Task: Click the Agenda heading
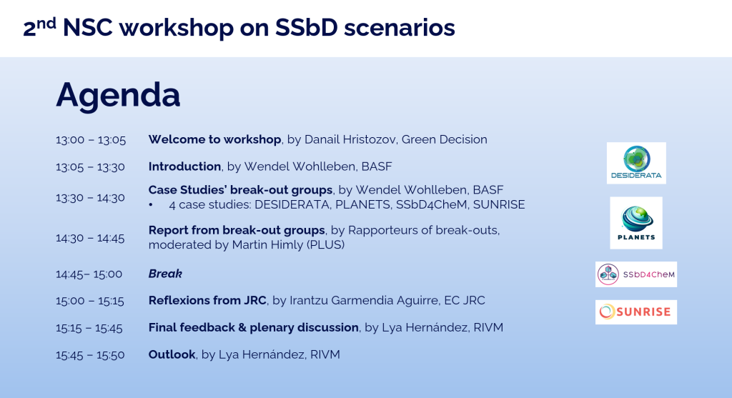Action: [x=118, y=95]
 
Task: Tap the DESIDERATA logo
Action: [x=636, y=163]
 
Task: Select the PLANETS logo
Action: [x=636, y=223]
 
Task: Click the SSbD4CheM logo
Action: [x=636, y=274]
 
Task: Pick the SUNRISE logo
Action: [x=636, y=312]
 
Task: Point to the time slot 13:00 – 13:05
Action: [x=91, y=140]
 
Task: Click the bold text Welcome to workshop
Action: [x=215, y=139]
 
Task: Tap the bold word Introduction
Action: [x=184, y=166]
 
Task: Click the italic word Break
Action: [x=165, y=274]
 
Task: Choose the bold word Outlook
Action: [x=172, y=354]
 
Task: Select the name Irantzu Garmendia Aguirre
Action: [x=371, y=300]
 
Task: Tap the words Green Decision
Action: [x=444, y=139]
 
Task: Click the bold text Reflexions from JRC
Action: [x=207, y=300]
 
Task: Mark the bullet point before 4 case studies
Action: [x=152, y=205]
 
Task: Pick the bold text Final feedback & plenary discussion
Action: [x=253, y=327]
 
